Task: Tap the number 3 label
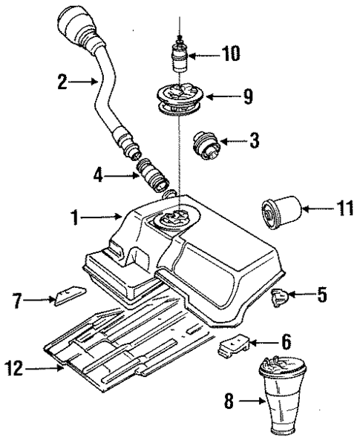tap(255, 139)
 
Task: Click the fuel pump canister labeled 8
tap(285, 401)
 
